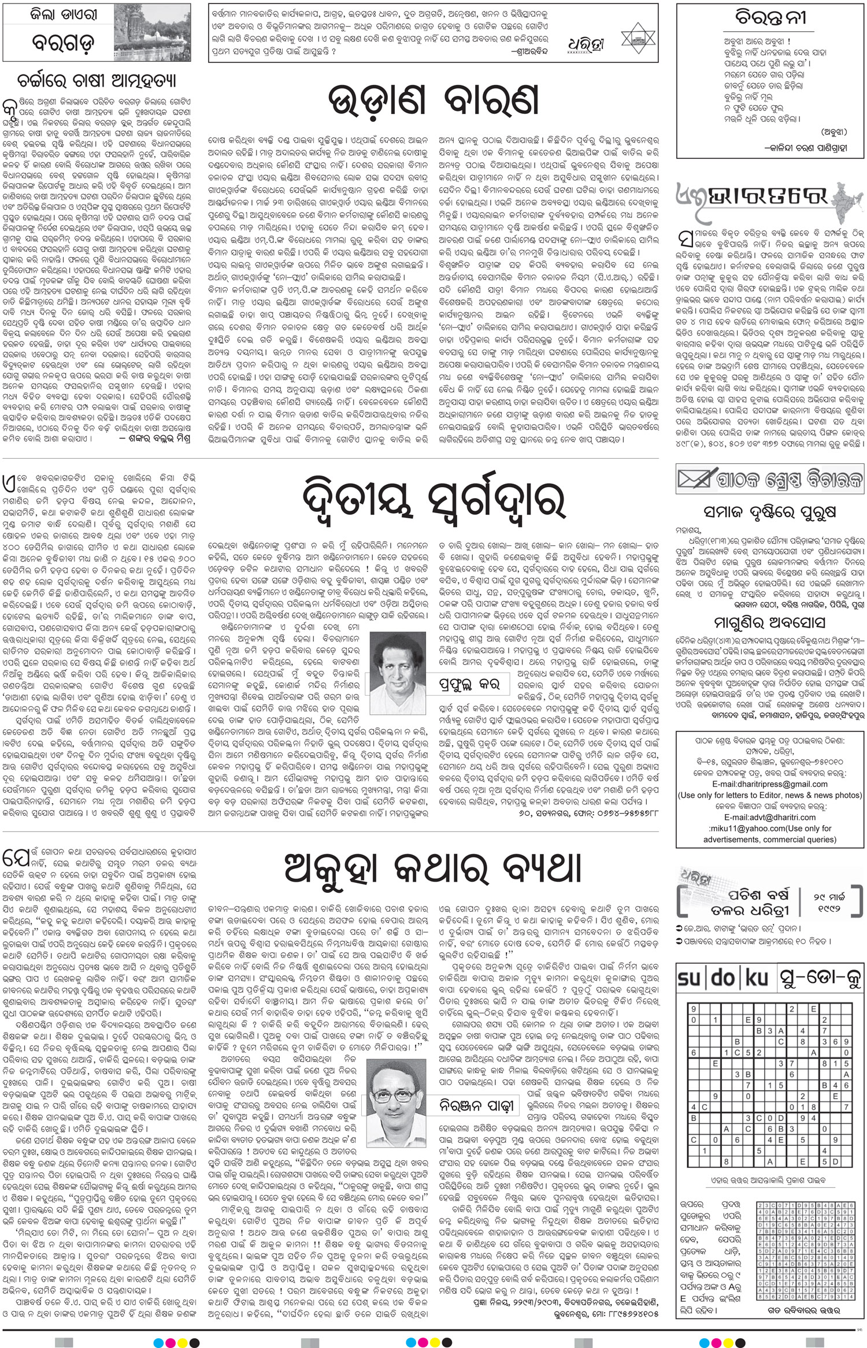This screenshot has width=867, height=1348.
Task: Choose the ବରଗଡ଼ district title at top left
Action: (64, 43)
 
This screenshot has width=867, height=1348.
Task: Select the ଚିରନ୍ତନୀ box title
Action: (770, 18)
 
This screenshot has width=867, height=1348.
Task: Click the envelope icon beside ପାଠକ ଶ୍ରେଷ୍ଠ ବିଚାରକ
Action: (694, 481)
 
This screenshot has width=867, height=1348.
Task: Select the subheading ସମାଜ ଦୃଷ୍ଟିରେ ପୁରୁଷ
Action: (770, 512)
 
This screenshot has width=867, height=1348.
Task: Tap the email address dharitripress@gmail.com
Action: (770, 784)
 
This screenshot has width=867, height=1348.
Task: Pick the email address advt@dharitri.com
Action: (770, 817)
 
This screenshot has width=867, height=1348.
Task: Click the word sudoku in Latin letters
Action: (722, 978)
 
